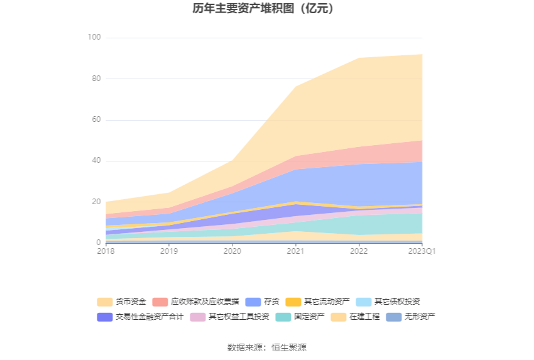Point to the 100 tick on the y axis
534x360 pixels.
tap(94, 38)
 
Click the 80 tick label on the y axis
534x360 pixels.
tap(96, 79)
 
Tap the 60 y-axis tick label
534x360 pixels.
tap(96, 120)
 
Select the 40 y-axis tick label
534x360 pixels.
tap(96, 161)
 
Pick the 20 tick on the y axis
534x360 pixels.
tap(96, 202)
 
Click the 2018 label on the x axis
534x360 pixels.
tap(106, 251)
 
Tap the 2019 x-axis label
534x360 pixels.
tap(169, 251)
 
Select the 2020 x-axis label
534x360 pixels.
tap(232, 251)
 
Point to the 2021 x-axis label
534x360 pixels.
tap(295, 251)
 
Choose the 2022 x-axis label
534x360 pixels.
tap(359, 251)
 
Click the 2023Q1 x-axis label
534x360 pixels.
tap(422, 251)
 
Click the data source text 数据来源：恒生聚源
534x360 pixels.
tap(267, 347)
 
